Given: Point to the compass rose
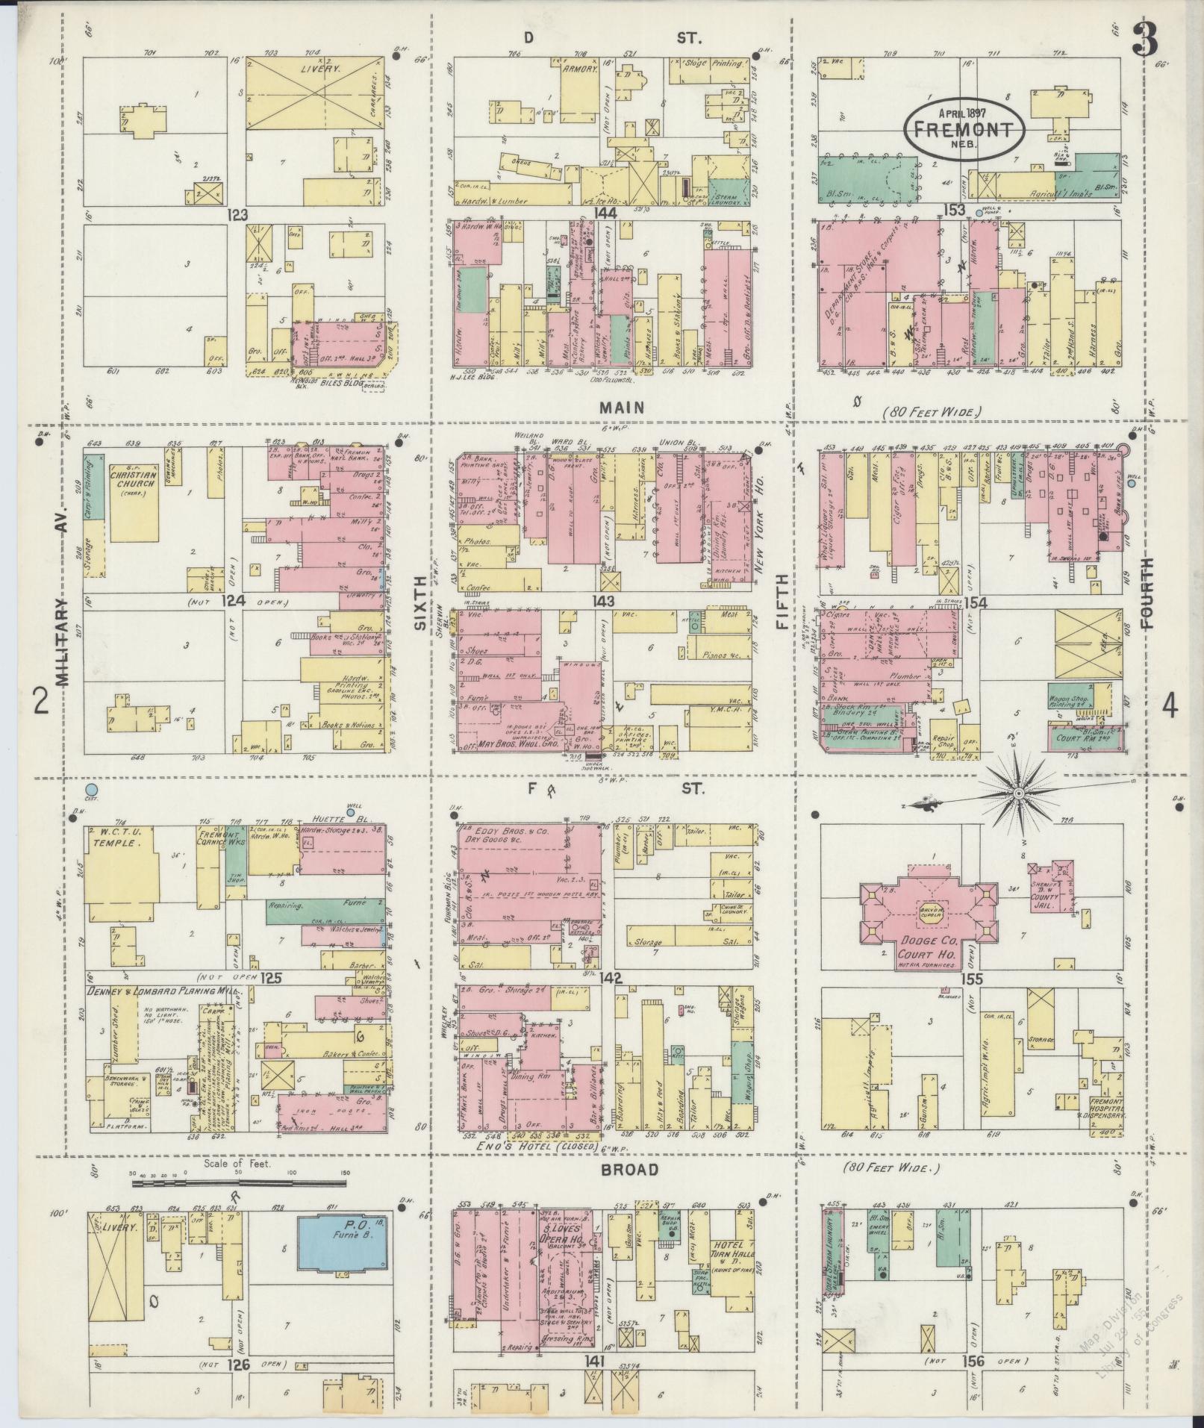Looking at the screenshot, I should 1017,791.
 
